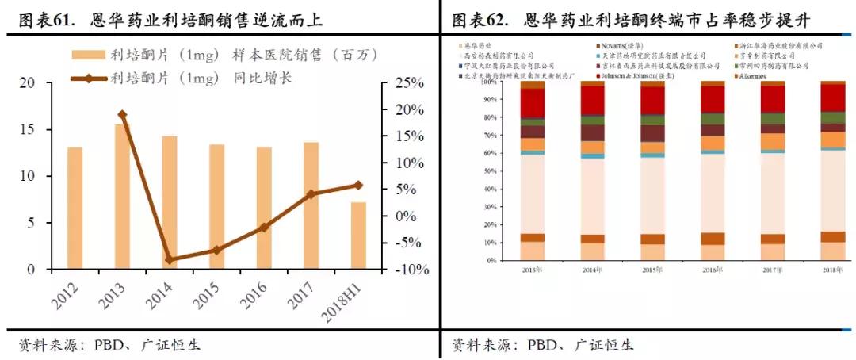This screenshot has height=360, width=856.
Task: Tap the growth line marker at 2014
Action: pyautogui.click(x=170, y=259)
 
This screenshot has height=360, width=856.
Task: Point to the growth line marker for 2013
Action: pyautogui.click(x=122, y=115)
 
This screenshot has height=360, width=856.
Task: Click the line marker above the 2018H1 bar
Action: pyautogui.click(x=358, y=185)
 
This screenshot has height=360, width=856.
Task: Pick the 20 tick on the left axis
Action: pyautogui.click(x=28, y=82)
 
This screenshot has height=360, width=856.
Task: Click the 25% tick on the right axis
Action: pyautogui.click(x=411, y=82)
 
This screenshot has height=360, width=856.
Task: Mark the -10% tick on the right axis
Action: pyautogui.click(x=411, y=270)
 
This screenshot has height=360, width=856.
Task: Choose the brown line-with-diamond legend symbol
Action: pyautogui.click(x=87, y=78)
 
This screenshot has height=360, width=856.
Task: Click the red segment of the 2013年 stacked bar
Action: pyautogui.click(x=532, y=103)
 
